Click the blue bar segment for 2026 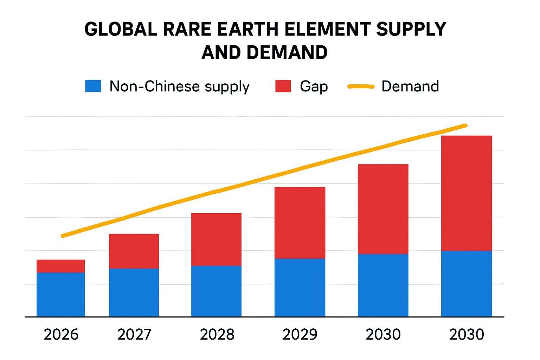pyautogui.click(x=60, y=294)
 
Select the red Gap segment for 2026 pyautogui.click(x=60, y=266)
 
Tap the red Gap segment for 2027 pyautogui.click(x=134, y=251)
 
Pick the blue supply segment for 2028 pyautogui.click(x=216, y=291)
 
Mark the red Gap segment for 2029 pyautogui.click(x=300, y=223)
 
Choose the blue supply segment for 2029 pyautogui.click(x=300, y=288)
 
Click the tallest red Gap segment pyautogui.click(x=466, y=193)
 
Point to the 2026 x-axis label pyautogui.click(x=61, y=334)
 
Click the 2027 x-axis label pyautogui.click(x=134, y=334)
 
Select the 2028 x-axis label pyautogui.click(x=217, y=334)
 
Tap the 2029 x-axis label pyautogui.click(x=300, y=334)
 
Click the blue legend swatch pyautogui.click(x=93, y=86)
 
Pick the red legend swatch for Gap pyautogui.click(x=283, y=86)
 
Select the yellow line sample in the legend pyautogui.click(x=361, y=86)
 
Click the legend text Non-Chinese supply pyautogui.click(x=179, y=86)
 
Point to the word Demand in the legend pyautogui.click(x=410, y=86)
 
